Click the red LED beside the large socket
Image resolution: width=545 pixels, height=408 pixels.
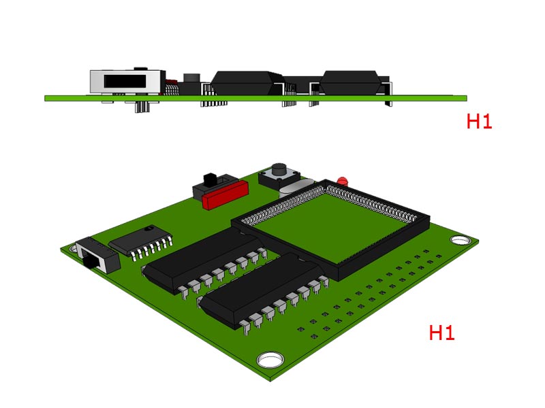click(x=343, y=181)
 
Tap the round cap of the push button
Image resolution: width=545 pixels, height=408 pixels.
click(x=279, y=168)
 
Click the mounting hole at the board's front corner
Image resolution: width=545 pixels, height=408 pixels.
click(x=270, y=359)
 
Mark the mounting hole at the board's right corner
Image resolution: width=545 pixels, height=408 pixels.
click(x=461, y=241)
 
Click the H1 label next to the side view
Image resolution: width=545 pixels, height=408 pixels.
click(x=479, y=122)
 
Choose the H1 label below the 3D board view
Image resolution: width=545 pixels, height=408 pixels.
click(x=441, y=333)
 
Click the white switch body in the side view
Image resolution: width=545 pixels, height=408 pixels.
click(x=126, y=82)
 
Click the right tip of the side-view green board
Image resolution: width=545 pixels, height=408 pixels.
click(x=466, y=98)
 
